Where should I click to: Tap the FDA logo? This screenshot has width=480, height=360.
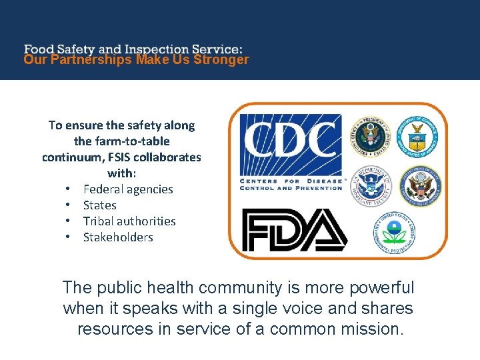(x=294, y=230)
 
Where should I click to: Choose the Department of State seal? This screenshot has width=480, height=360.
(x=420, y=185)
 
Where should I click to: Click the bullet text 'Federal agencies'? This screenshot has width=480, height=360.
(x=128, y=189)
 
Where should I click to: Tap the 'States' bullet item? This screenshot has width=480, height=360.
(x=100, y=205)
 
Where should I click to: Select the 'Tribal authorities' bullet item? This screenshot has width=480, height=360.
(x=129, y=221)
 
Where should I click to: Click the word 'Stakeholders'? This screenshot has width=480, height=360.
(x=118, y=237)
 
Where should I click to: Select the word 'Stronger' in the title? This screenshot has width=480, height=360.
(x=224, y=59)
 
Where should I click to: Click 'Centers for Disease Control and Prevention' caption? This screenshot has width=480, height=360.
(x=291, y=185)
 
